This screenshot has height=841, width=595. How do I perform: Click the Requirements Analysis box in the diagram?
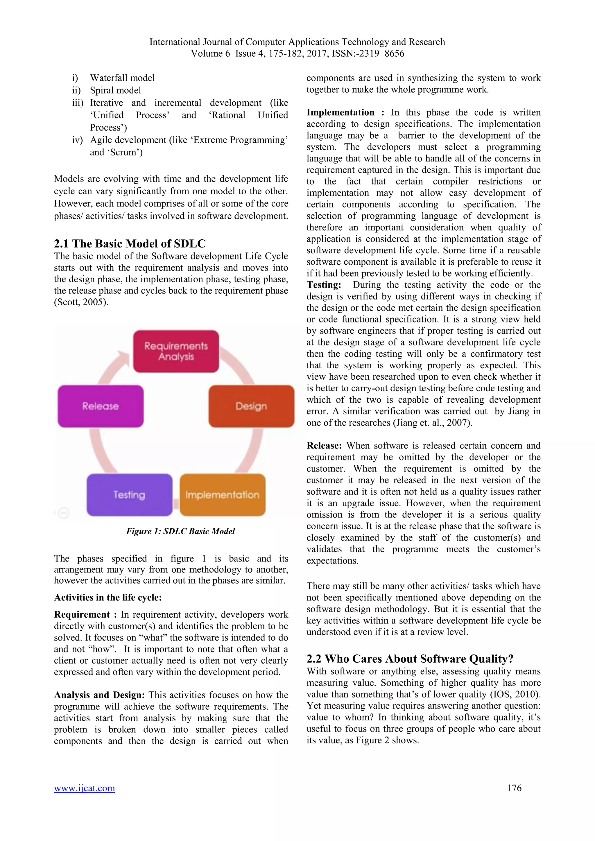pyautogui.click(x=176, y=351)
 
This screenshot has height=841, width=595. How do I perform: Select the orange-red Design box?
pyautogui.click(x=251, y=406)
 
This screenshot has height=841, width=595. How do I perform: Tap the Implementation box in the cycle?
pyautogui.click(x=222, y=495)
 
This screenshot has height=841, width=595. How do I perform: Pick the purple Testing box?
pyautogui.click(x=129, y=495)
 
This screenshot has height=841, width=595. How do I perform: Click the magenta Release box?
pyautogui.click(x=101, y=406)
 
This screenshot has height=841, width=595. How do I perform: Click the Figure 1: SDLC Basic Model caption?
pyautogui.click(x=180, y=531)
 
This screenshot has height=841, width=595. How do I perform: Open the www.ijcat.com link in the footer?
pyautogui.click(x=84, y=788)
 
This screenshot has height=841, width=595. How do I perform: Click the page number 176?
pyautogui.click(x=514, y=788)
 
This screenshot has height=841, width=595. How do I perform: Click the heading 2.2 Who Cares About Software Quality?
pyautogui.click(x=410, y=659)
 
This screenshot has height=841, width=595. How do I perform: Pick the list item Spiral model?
pyautogui.click(x=115, y=90)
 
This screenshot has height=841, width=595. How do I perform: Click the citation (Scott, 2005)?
pyautogui.click(x=81, y=302)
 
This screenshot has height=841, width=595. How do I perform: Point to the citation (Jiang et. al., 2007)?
pyautogui.click(x=433, y=423)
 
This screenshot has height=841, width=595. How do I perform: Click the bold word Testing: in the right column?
pyautogui.click(x=324, y=285)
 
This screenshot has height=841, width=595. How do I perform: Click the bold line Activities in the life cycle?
pyautogui.click(x=108, y=598)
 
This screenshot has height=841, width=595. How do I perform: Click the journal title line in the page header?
pyautogui.click(x=297, y=42)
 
